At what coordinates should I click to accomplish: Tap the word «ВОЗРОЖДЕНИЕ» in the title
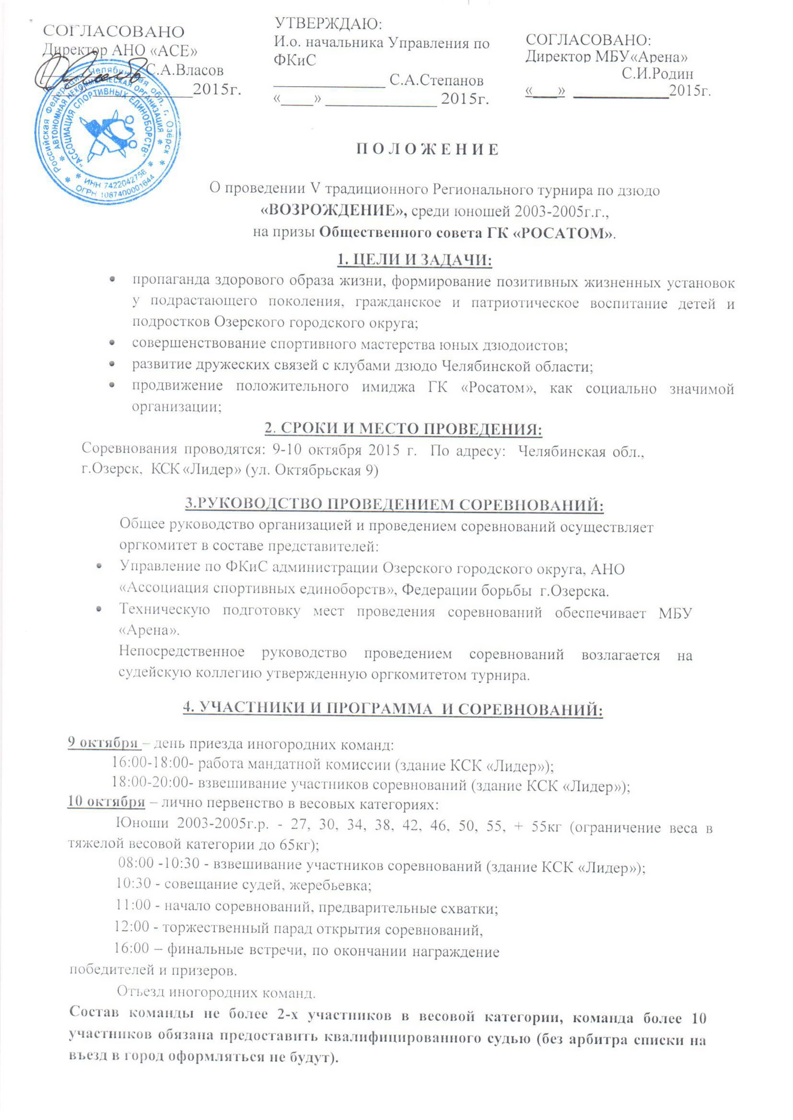click(x=334, y=211)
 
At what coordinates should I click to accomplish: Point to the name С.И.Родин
click(x=657, y=74)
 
